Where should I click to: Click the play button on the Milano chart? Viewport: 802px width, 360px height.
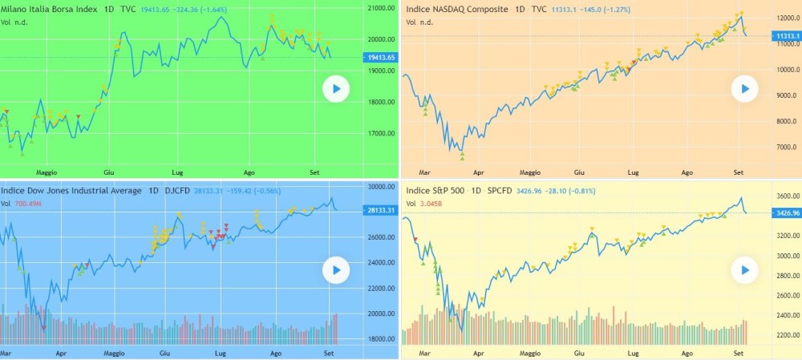point(337,89)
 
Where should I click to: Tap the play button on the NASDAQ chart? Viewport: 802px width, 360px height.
point(745,89)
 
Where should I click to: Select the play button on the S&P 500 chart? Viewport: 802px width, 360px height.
point(745,270)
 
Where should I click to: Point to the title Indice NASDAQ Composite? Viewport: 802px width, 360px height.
point(457,9)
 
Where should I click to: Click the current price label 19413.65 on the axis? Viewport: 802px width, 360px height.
point(380,58)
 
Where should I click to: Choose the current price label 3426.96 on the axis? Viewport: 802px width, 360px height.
point(784,212)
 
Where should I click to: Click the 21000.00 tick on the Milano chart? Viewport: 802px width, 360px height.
point(380,9)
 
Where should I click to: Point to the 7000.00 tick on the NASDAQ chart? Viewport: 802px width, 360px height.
point(783,148)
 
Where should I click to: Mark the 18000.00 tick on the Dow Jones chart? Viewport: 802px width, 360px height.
point(380,339)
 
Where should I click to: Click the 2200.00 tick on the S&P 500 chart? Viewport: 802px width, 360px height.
point(783,335)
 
